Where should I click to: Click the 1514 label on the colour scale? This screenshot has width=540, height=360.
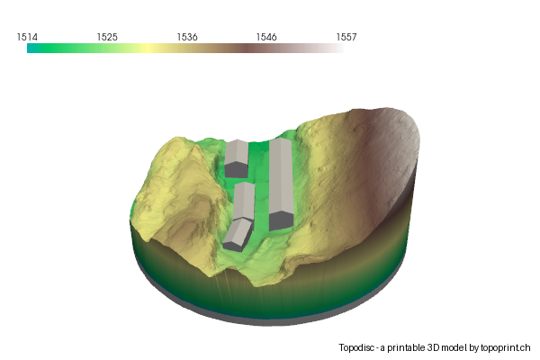[27, 37]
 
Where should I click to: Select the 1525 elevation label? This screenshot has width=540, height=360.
[107, 37]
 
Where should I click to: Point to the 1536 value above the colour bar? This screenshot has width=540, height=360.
[187, 37]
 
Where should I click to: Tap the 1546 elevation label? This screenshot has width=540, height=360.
[266, 37]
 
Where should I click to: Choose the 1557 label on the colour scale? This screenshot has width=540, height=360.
[346, 37]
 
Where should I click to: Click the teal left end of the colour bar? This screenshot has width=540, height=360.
[30, 49]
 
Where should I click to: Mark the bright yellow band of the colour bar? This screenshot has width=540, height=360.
[148, 49]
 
